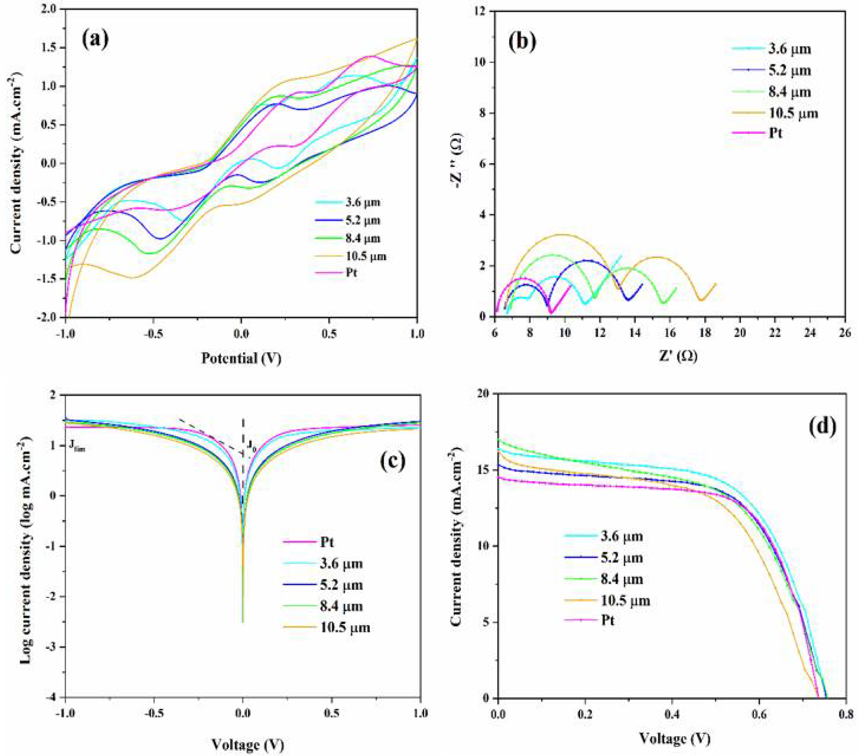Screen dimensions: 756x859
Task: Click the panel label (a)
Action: click(x=95, y=40)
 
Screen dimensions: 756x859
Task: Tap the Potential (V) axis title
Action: click(x=241, y=358)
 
